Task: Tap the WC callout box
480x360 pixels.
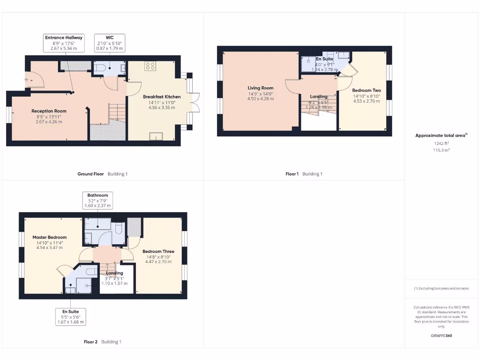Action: click(x=109, y=43)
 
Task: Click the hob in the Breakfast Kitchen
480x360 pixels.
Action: click(x=150, y=66)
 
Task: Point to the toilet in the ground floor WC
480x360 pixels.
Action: click(x=100, y=67)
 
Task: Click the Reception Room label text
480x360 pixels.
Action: click(x=49, y=111)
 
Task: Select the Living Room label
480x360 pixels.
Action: click(x=260, y=88)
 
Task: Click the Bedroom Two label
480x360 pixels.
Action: click(x=366, y=90)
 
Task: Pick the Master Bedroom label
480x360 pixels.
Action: click(x=49, y=237)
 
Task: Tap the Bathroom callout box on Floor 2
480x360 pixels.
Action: click(x=98, y=200)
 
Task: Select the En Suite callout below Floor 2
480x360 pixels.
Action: click(x=71, y=316)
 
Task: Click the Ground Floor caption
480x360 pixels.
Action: click(x=90, y=174)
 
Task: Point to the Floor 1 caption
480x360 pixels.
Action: click(x=292, y=174)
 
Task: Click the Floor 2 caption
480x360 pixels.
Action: click(x=90, y=342)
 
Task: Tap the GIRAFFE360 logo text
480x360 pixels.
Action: click(x=442, y=336)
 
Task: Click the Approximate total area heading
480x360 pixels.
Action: click(x=441, y=135)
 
